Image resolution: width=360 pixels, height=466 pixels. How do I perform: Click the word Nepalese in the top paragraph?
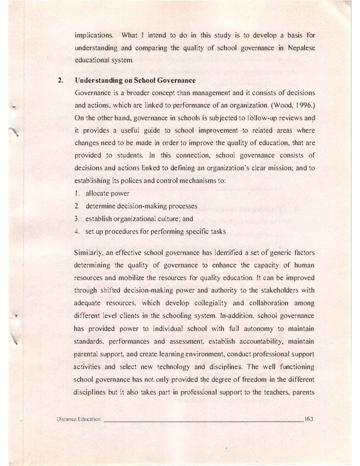(x=299, y=49)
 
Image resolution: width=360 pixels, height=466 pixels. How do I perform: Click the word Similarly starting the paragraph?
(x=90, y=256)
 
